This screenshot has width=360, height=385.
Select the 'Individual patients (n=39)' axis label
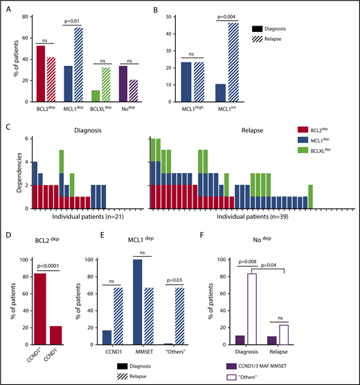tap(230, 217)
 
